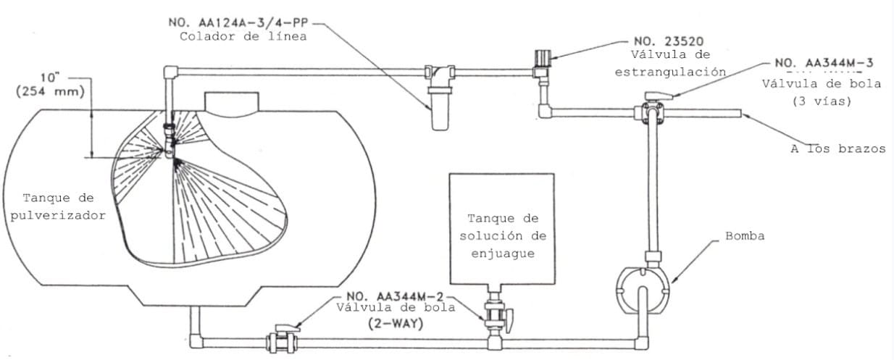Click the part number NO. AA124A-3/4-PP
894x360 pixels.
point(242,23)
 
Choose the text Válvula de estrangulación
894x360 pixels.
point(670,63)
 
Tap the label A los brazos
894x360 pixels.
point(837,149)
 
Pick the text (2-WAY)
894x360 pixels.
point(396,324)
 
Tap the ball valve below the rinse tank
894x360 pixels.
point(496,315)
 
